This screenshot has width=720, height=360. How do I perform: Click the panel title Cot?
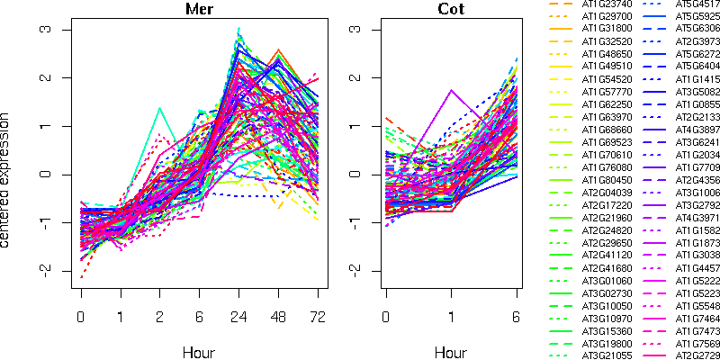click(452, 10)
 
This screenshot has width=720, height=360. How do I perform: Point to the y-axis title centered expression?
click(8, 180)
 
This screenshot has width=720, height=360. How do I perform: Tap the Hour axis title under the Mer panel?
click(199, 347)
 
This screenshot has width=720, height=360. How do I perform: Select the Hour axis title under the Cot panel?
click(452, 347)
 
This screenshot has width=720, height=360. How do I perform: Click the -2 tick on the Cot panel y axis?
click(355, 271)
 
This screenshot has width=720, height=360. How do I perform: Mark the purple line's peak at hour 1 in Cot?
click(452, 90)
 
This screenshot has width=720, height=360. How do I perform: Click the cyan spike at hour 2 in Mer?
click(159, 109)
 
